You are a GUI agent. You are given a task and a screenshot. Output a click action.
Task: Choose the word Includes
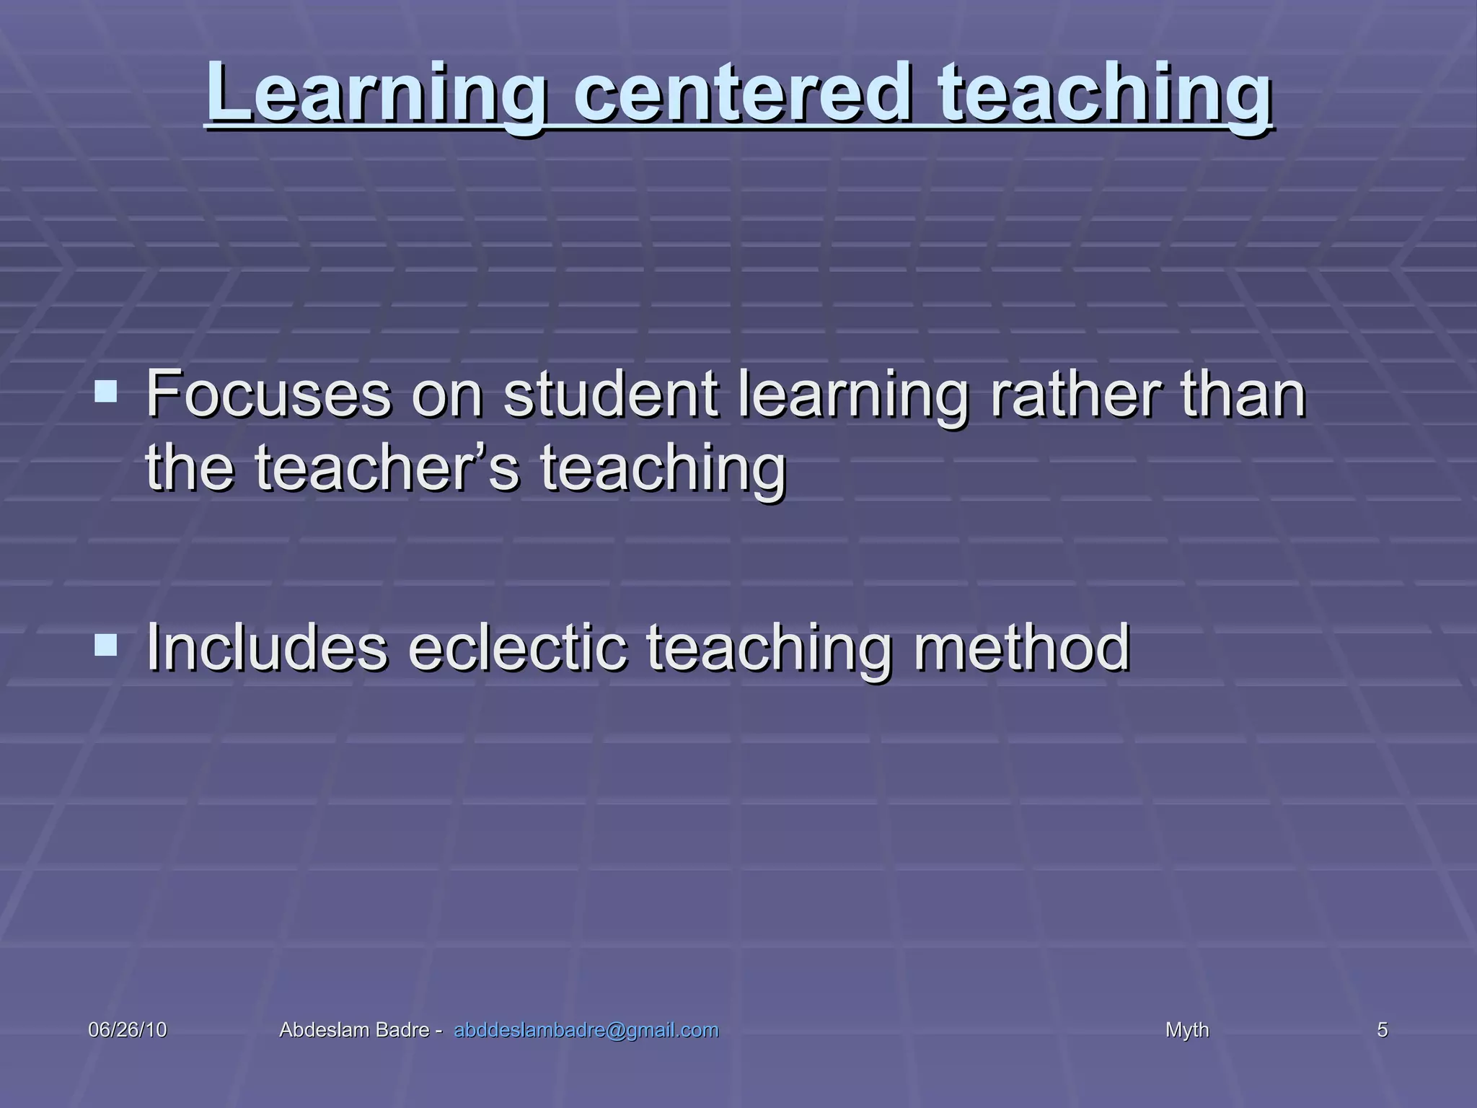point(267,647)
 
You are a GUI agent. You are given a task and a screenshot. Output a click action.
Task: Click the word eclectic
point(518,647)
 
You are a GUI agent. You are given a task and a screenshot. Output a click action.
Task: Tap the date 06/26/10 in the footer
point(128,1030)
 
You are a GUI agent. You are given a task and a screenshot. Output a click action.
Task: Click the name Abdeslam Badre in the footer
point(354,1030)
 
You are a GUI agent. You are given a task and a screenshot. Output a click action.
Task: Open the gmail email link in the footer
point(586,1030)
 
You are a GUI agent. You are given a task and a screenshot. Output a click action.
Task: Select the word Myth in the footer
point(1187,1030)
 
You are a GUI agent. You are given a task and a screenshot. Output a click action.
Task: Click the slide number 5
point(1383,1030)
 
